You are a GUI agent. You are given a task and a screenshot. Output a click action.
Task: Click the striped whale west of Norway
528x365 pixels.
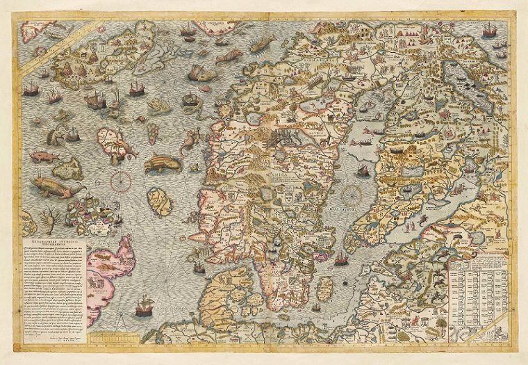(x=163, y=164)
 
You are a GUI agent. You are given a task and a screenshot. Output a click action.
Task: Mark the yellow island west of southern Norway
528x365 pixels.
(x=159, y=202)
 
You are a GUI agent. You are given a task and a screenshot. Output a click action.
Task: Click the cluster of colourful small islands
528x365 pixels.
(x=91, y=212)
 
